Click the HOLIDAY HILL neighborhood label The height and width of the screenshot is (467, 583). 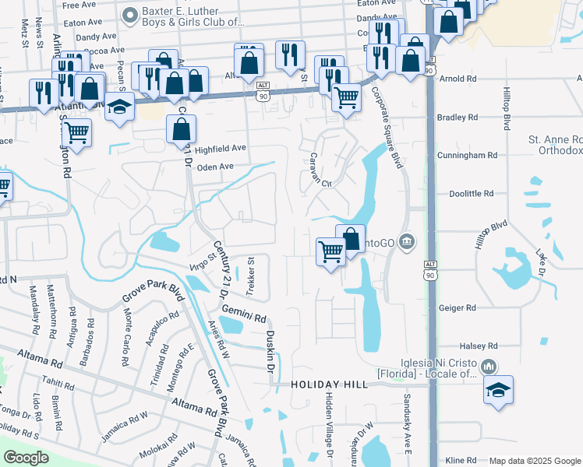coord(328,385)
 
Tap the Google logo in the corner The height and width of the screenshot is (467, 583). coord(26,458)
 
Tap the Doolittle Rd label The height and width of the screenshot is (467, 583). coord(472,193)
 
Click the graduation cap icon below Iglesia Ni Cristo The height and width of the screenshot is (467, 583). coord(499,392)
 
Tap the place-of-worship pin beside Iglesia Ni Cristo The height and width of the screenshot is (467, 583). coord(489,366)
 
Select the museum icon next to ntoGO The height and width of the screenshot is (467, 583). coord(405,243)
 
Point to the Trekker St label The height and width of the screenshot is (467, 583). coord(251,277)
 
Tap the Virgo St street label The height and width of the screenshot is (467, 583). coord(201,262)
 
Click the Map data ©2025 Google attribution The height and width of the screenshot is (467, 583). coord(535,461)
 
